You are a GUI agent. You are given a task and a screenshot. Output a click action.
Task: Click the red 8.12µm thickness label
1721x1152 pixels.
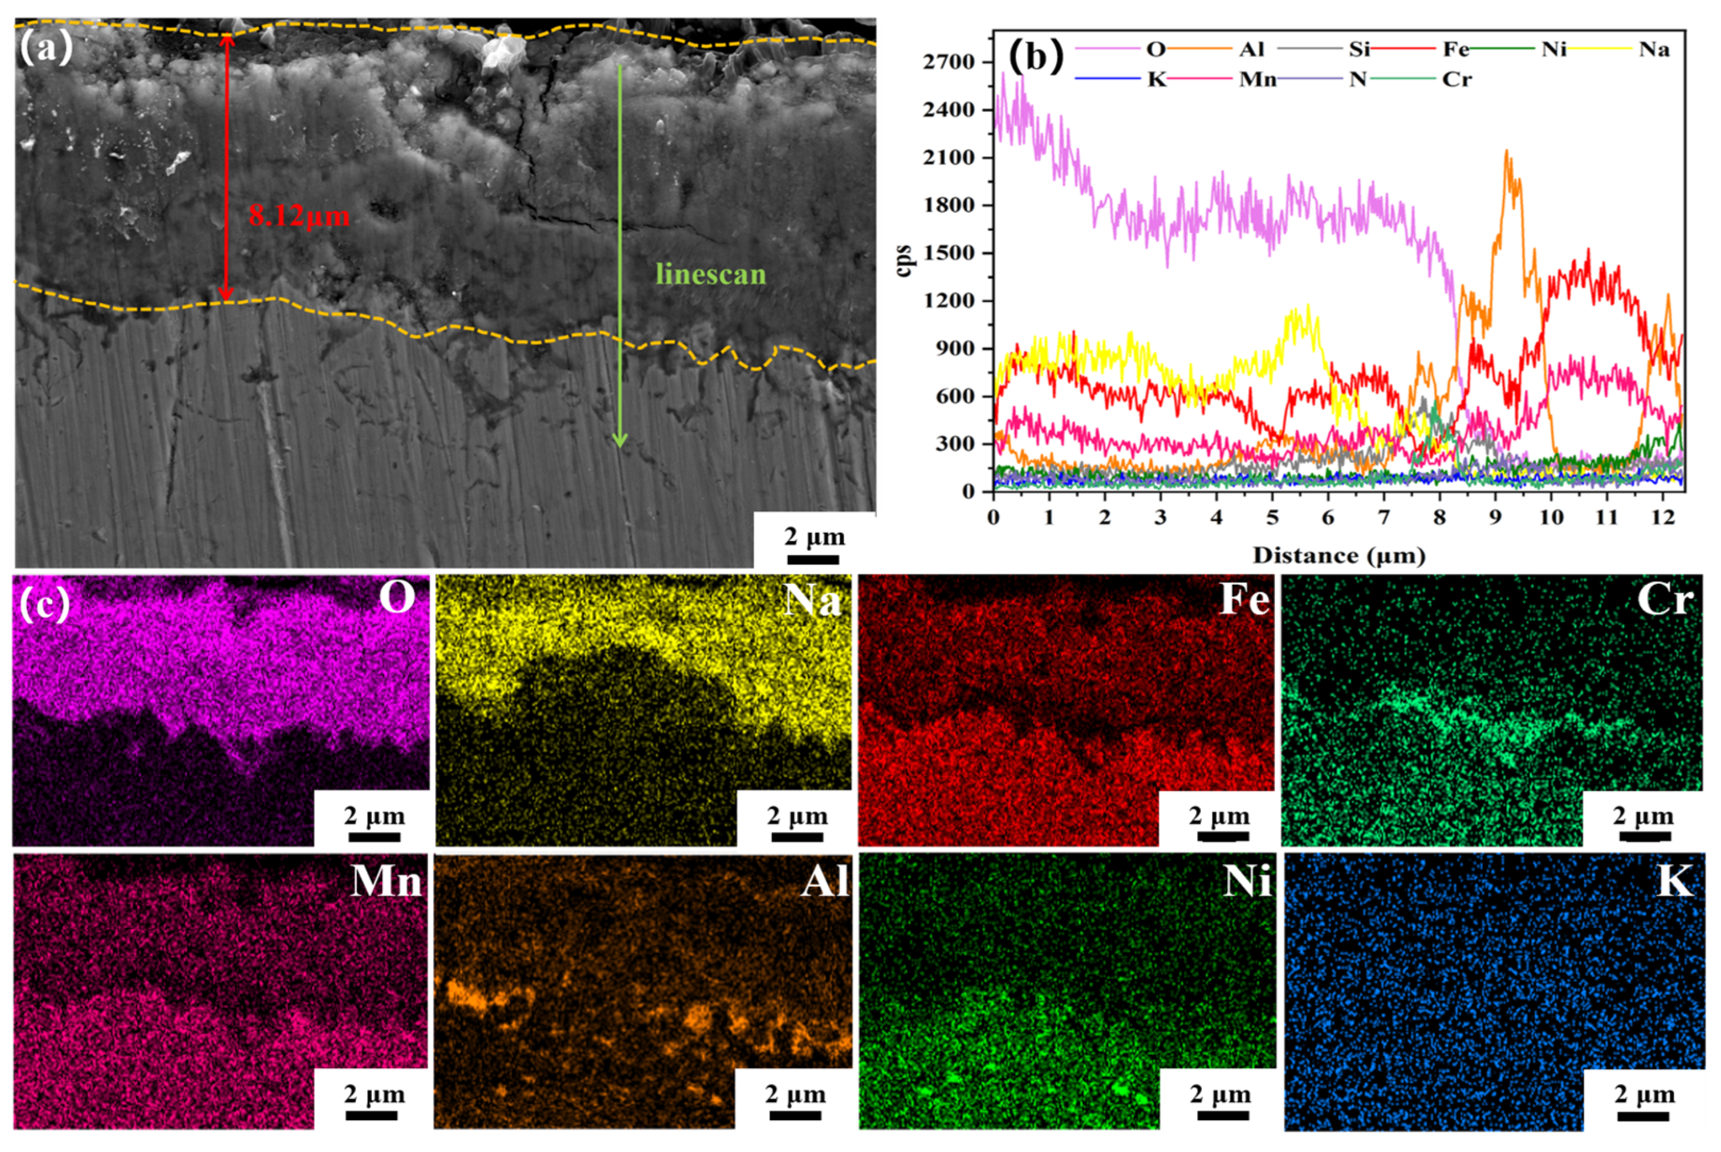coord(298,216)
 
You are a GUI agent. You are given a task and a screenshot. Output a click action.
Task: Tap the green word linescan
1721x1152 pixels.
coord(710,275)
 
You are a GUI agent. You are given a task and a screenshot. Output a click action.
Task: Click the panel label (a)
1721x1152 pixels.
coord(45,48)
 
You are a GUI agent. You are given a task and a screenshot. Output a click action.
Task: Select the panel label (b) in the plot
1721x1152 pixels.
coord(1035,57)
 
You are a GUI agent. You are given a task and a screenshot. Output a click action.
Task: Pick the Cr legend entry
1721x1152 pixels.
coord(1456,80)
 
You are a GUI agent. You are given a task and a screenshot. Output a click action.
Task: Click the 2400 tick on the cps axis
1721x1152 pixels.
coord(948,110)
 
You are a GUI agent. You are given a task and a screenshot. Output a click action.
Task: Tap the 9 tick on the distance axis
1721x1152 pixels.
coord(1495,518)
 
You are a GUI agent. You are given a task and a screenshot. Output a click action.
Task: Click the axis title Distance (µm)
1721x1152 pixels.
coord(1338,556)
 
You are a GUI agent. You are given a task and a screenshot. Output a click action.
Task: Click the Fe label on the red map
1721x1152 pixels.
coord(1244,599)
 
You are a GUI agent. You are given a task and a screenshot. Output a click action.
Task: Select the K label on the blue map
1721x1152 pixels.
coord(1674,880)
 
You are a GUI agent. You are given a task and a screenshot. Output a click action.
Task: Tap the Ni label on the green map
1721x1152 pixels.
coord(1247,880)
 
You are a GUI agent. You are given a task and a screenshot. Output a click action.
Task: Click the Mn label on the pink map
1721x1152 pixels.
coord(387,880)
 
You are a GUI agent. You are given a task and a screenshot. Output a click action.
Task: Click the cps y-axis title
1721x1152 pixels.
coord(904,260)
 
